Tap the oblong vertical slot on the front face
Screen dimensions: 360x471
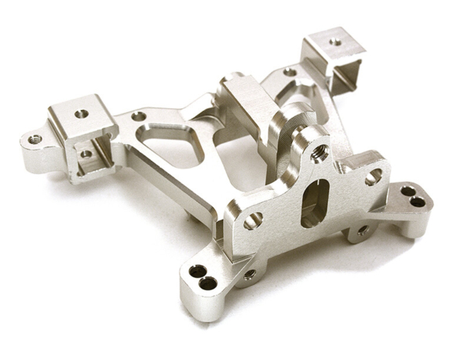(x=312, y=202)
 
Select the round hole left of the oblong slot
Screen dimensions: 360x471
(x=253, y=220)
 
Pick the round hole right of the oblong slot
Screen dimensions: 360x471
(x=373, y=177)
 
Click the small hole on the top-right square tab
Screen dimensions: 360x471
(x=335, y=42)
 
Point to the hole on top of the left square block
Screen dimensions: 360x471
(x=82, y=114)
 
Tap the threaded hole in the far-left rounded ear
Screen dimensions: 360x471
(x=35, y=139)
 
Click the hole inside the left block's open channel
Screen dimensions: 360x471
(x=86, y=154)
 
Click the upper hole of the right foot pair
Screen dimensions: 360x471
(x=407, y=191)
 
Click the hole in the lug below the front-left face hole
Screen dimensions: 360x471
(x=249, y=275)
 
